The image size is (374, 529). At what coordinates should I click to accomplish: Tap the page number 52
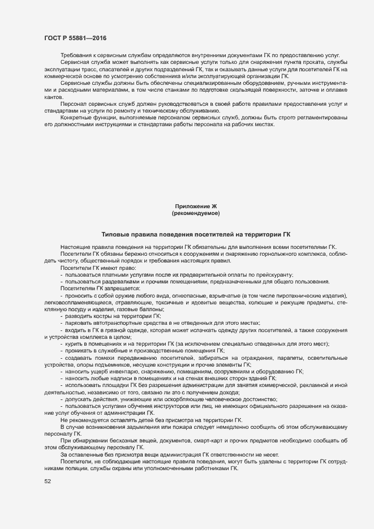[48, 481]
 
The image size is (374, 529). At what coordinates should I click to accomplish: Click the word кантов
[53, 97]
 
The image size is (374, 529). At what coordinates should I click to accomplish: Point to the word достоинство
[251, 399]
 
